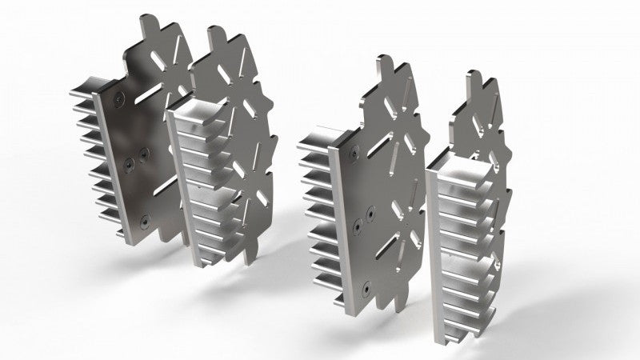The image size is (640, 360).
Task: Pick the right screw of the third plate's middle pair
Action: (370, 211)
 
